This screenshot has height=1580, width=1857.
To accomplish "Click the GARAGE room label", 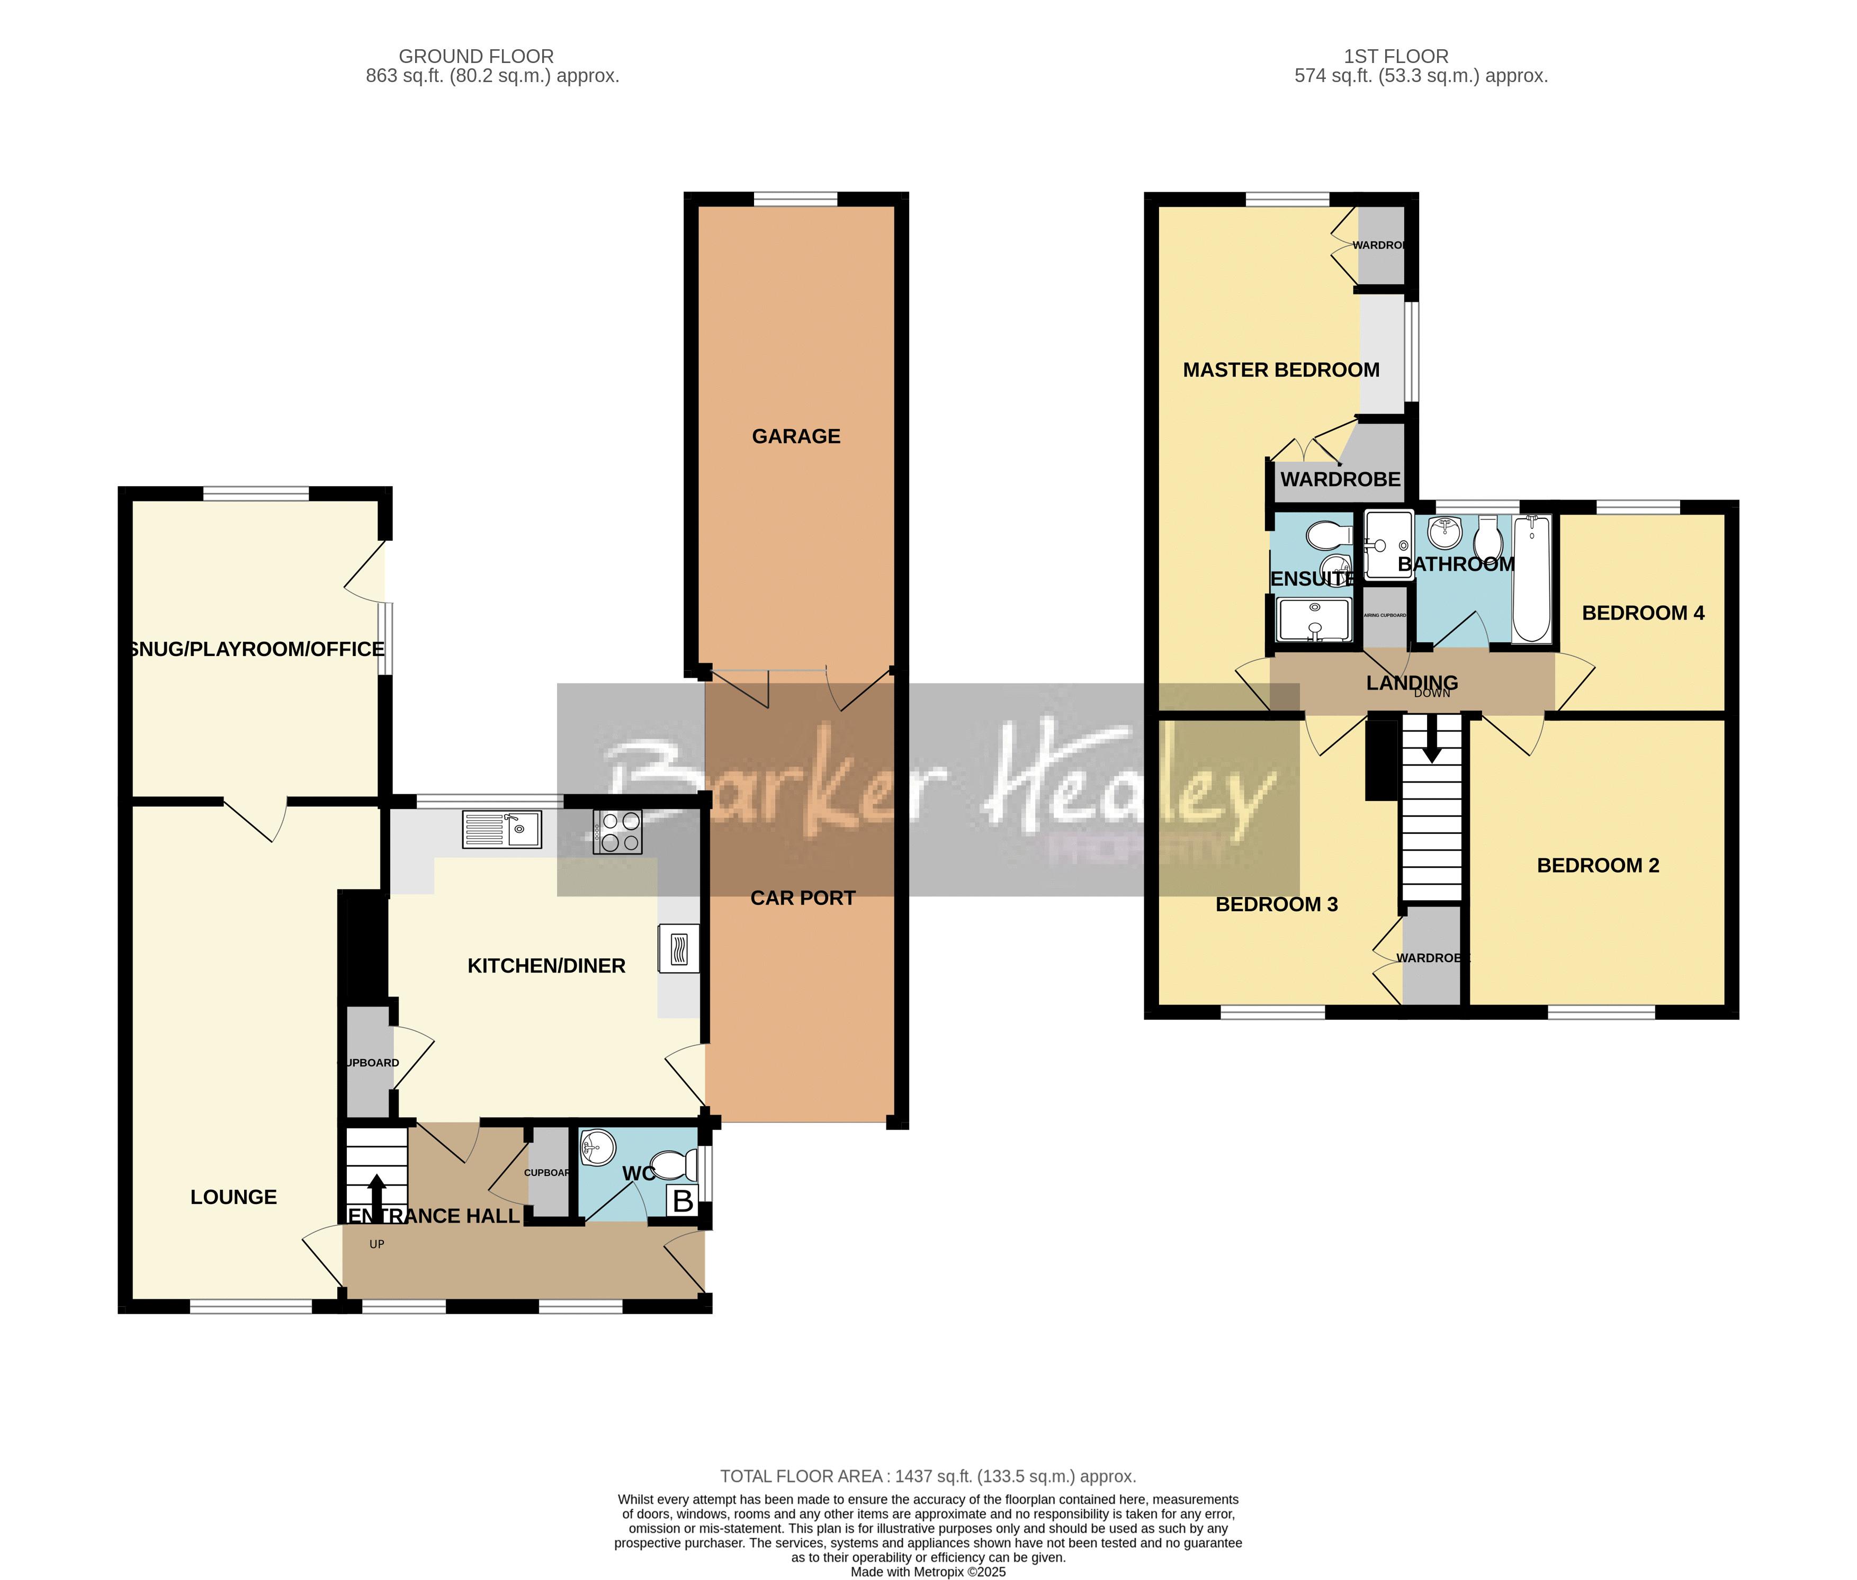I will click(795, 436).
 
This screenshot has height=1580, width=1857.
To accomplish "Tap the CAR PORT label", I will click(803, 897).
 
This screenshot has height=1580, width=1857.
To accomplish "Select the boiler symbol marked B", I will click(683, 1201).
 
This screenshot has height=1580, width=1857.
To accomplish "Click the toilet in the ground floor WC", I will click(676, 1166).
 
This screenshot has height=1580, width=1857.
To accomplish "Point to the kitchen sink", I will click(501, 829).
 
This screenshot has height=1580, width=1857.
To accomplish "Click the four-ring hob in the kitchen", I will click(618, 831).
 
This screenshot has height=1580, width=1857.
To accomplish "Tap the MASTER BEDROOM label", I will click(1281, 370).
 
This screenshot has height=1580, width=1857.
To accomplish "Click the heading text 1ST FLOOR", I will click(1396, 56).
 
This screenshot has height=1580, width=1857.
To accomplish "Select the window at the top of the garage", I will click(795, 199).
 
